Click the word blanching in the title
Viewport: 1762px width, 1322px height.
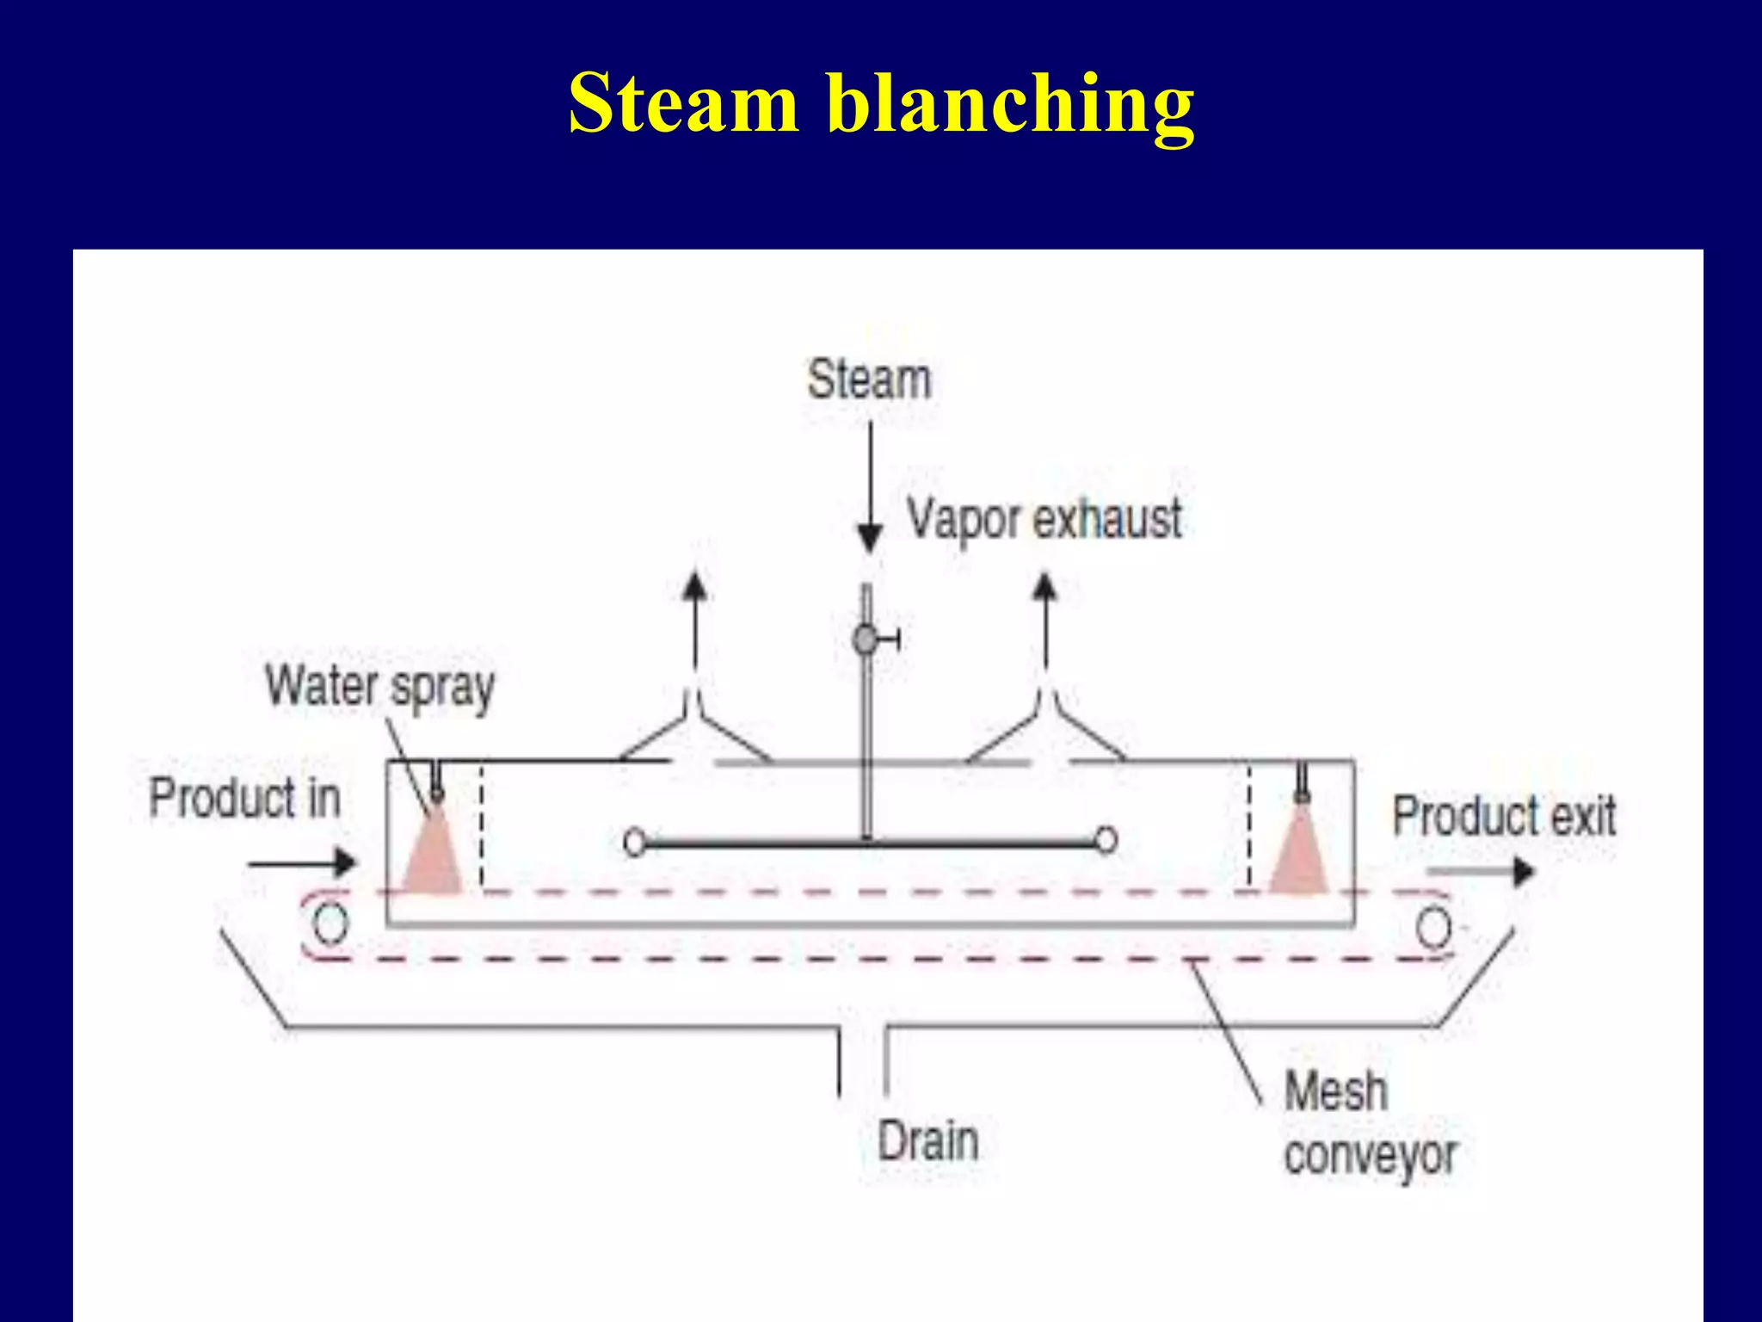(x=1010, y=105)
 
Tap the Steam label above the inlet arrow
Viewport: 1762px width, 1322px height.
(x=869, y=380)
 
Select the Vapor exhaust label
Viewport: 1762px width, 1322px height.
(x=1044, y=520)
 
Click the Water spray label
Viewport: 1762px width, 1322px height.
(x=379, y=687)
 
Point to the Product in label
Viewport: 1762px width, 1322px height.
(x=244, y=798)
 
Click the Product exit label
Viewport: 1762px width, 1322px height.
(x=1504, y=816)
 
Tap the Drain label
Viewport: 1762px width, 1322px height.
(x=927, y=1142)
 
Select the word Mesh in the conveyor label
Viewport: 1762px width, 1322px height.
(x=1335, y=1091)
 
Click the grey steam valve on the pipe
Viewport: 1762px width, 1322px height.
(x=866, y=639)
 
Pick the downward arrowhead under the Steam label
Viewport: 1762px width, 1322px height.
(x=870, y=538)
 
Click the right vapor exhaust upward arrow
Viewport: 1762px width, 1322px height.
(x=1044, y=620)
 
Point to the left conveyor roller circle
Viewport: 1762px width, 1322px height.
(x=330, y=924)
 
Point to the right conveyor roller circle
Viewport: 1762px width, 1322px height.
(x=1433, y=929)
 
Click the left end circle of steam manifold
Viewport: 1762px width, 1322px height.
(x=635, y=842)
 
